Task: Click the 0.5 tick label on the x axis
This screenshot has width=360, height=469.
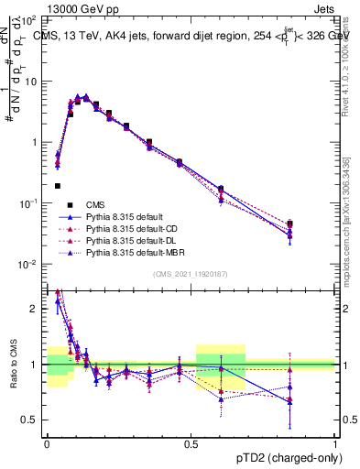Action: pos(191,443)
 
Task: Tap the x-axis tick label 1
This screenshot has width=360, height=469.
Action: pos(335,443)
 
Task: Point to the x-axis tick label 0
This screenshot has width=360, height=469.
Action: pos(47,443)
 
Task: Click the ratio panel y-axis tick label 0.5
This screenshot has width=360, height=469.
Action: pos(33,420)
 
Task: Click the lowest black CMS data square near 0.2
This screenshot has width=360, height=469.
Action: pos(58,186)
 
